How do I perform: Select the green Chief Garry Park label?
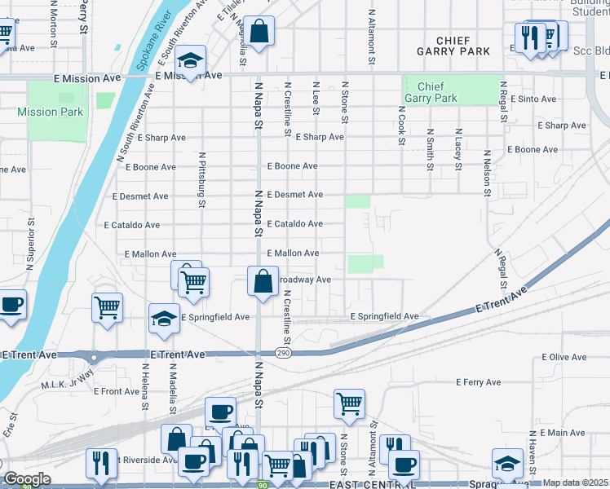(436, 92)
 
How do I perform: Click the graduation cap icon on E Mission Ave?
(191, 62)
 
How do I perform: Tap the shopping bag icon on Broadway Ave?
(263, 282)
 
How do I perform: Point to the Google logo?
(27, 479)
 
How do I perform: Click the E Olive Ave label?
(564, 358)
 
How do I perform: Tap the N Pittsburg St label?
(200, 174)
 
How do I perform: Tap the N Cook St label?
(401, 125)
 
